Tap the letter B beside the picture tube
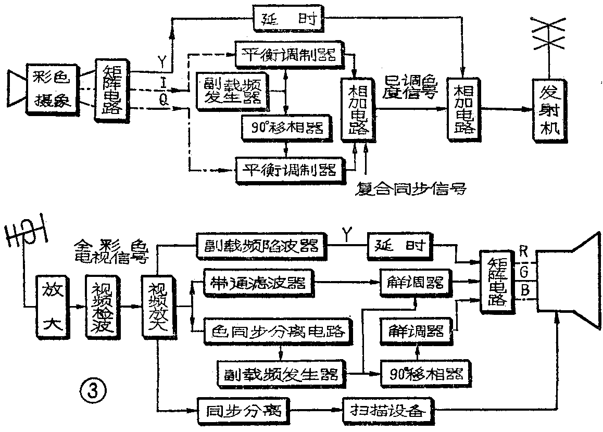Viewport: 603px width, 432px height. pos(525,289)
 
